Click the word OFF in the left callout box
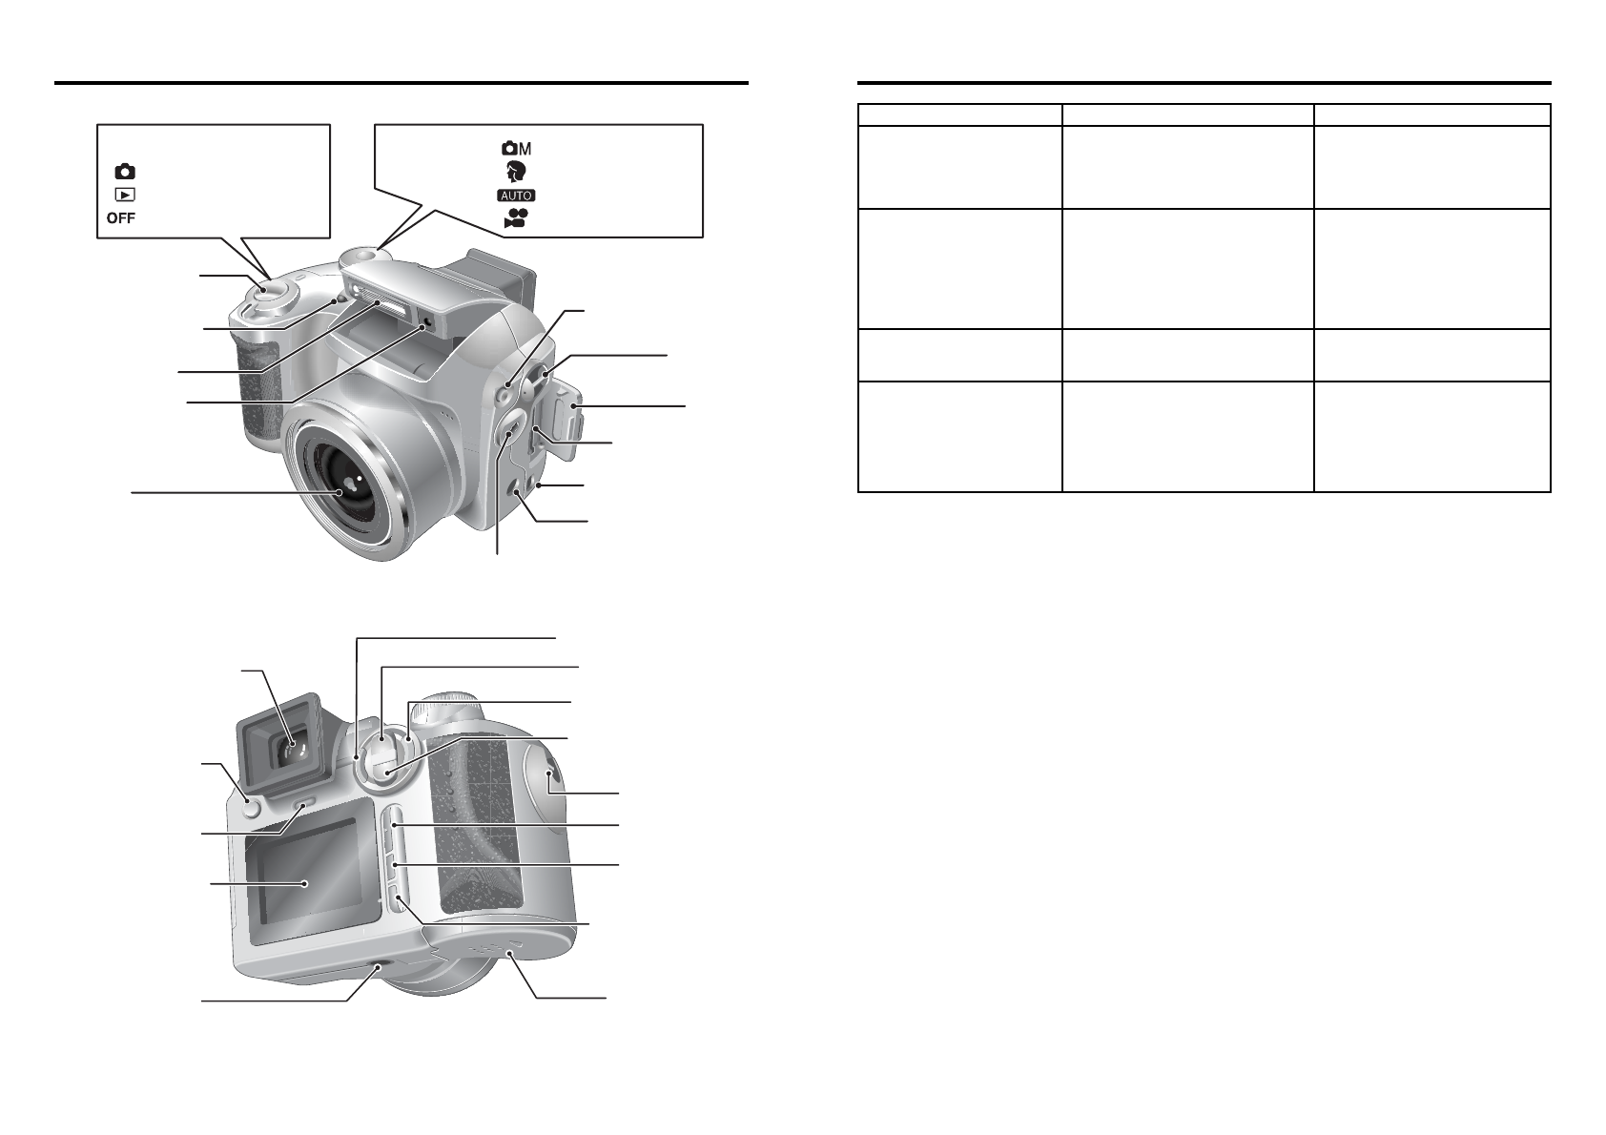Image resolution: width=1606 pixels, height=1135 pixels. coord(120,218)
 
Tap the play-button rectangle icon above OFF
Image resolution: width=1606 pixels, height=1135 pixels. coord(125,195)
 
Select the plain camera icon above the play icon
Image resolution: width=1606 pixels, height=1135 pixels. coord(125,172)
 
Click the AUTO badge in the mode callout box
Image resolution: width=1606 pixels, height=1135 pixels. coord(516,195)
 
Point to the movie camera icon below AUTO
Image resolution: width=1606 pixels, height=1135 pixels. coord(516,218)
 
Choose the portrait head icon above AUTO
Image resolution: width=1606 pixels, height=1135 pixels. coord(516,172)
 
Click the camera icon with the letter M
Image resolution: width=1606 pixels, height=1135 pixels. coord(516,149)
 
